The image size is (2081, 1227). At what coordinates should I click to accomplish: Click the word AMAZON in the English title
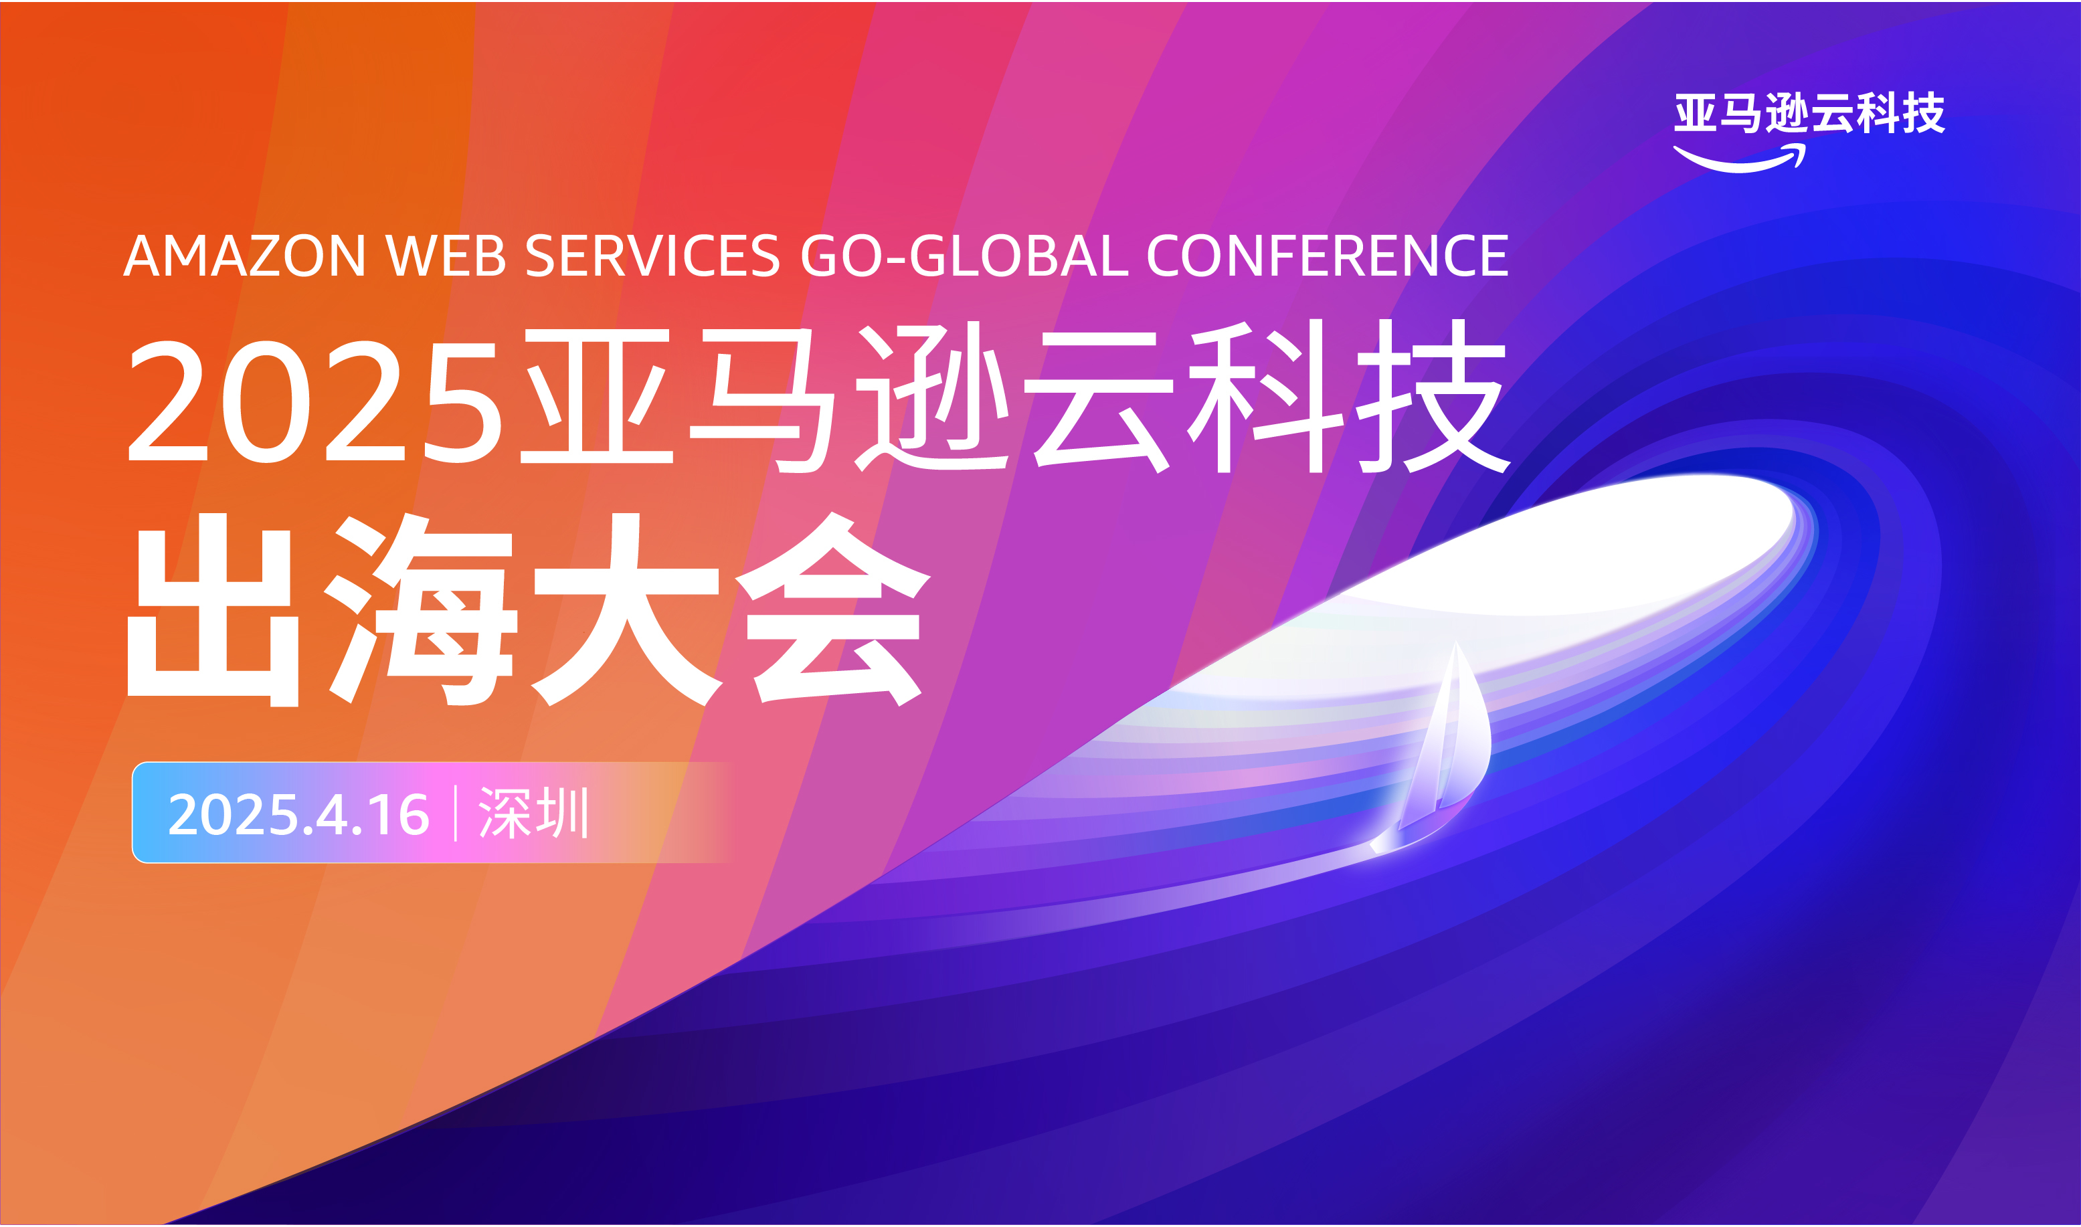coord(245,256)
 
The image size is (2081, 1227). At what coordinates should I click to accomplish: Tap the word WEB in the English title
coord(446,256)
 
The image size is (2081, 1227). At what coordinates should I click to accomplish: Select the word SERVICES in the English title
coord(652,256)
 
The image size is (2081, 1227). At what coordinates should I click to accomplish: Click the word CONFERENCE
coord(1328,256)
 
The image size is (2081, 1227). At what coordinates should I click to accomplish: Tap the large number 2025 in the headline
coord(314,401)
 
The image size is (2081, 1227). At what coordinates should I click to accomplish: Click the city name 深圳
coord(533,814)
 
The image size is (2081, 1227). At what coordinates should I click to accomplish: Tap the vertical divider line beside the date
coord(456,814)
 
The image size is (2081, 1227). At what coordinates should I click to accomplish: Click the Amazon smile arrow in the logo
coord(1740,160)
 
